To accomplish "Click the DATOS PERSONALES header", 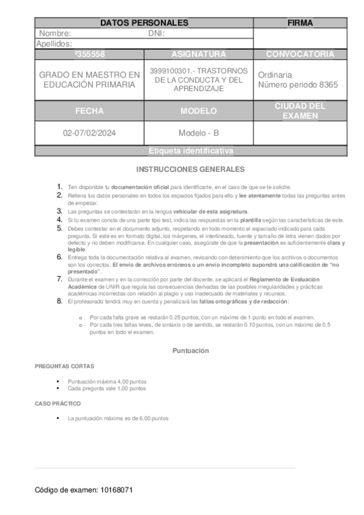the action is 144,23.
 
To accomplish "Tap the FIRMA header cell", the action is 300,23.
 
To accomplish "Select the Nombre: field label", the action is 55,34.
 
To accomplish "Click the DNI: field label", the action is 157,34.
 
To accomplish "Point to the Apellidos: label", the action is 55,44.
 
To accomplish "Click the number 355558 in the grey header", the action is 89,54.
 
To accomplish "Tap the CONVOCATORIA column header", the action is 300,54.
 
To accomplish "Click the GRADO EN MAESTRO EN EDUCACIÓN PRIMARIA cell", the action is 89,80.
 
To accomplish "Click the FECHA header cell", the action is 89,112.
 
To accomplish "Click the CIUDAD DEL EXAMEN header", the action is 300,111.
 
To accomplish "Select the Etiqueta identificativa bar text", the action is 191,151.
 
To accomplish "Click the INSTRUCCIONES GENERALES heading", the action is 190,169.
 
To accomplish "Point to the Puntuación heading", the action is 190,351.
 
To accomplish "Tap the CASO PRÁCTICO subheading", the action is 58,404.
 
